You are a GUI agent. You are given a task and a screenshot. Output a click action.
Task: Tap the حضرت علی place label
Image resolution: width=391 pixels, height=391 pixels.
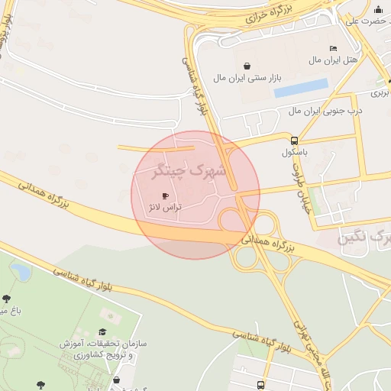coord(363,21)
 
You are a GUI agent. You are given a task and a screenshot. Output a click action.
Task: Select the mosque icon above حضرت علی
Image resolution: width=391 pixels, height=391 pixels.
coord(378,9)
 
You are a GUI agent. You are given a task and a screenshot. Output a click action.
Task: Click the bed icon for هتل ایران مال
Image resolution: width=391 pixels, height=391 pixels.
coord(333,48)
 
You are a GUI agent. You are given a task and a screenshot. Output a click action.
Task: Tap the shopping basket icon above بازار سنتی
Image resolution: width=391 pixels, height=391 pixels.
coord(247,66)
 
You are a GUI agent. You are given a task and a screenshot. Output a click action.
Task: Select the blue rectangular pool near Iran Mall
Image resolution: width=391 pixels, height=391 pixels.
coord(301,88)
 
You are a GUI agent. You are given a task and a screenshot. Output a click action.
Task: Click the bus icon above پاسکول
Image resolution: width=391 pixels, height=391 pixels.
coord(295,140)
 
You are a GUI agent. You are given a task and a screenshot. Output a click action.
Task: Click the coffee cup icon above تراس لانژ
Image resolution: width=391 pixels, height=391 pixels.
coord(165,196)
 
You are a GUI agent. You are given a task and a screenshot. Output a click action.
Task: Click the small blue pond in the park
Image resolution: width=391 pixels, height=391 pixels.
coord(21,271)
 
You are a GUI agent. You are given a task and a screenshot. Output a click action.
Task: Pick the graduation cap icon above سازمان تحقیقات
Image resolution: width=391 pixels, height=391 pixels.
coord(102,332)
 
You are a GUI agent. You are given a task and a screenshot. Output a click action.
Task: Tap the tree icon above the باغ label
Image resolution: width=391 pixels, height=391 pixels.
coord(7,299)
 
